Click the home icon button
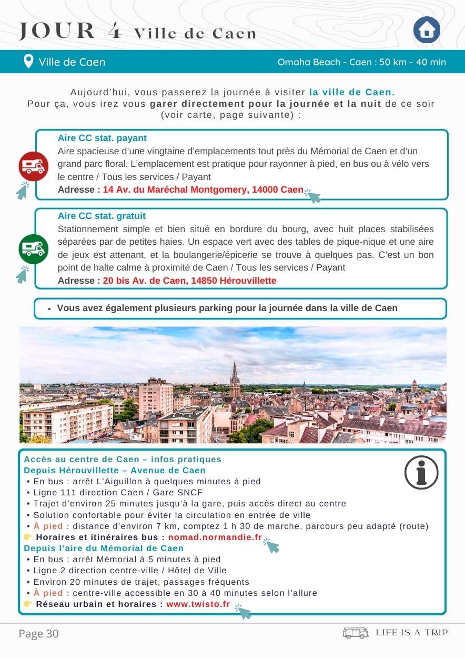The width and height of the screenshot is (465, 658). pyautogui.click(x=427, y=30)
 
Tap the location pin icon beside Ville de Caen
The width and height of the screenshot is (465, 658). pyautogui.click(x=29, y=62)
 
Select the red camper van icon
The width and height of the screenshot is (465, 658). pyautogui.click(x=34, y=166)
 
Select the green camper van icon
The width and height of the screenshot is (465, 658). pyautogui.click(x=34, y=249)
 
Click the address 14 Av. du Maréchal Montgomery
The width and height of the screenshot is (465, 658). pyautogui.click(x=203, y=190)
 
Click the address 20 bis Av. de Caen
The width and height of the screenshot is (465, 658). pyautogui.click(x=189, y=281)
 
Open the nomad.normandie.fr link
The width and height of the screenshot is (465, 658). pyautogui.click(x=215, y=537)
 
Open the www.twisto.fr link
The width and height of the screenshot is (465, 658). pyautogui.click(x=198, y=604)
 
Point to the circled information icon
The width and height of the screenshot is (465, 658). pyautogui.click(x=421, y=472)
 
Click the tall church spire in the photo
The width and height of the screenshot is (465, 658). pyautogui.click(x=235, y=379)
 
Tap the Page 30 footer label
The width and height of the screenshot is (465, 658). pyautogui.click(x=38, y=634)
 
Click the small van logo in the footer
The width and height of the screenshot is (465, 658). pyautogui.click(x=356, y=633)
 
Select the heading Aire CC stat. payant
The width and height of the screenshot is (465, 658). pyautogui.click(x=102, y=138)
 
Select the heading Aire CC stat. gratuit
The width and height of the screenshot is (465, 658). pyautogui.click(x=102, y=216)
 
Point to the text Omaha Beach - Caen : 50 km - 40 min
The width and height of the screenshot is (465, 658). pyautogui.click(x=361, y=62)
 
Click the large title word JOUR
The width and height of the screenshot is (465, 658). pyautogui.click(x=57, y=32)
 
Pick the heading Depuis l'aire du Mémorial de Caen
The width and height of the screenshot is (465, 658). pyautogui.click(x=104, y=548)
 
